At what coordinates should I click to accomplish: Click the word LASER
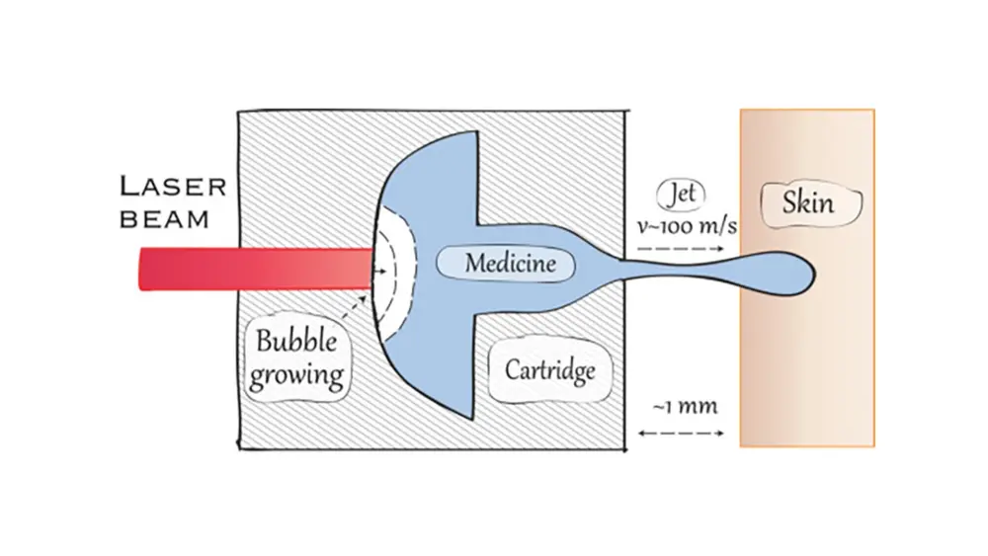pos(174,186)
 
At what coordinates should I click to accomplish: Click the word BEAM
pos(164,218)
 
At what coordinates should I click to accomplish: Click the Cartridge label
pos(550,370)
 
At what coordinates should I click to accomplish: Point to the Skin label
pos(807,203)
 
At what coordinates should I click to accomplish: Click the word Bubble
pos(296,343)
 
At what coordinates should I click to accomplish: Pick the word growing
pos(296,375)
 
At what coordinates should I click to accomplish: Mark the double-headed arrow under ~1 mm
pos(682,433)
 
